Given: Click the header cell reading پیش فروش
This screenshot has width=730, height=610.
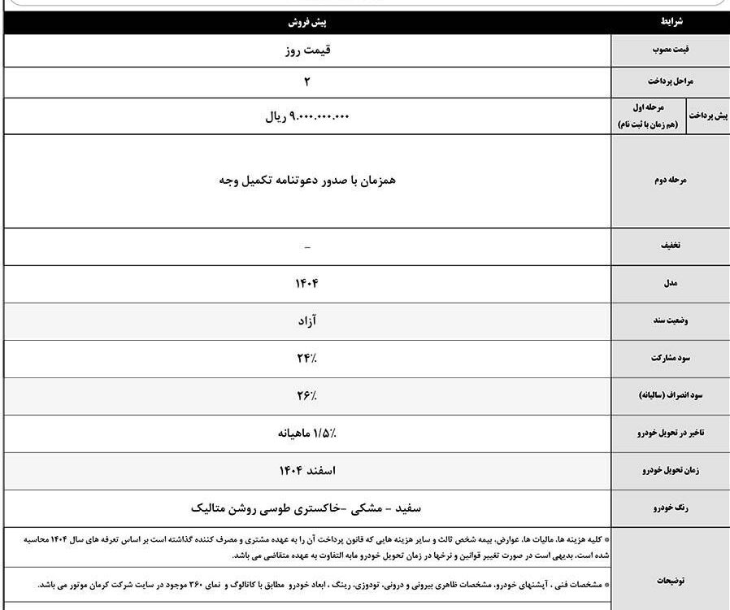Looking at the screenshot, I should tap(306, 24).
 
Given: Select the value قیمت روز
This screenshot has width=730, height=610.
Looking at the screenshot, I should tap(306, 50).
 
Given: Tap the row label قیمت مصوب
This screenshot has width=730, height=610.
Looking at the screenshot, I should tap(671, 50).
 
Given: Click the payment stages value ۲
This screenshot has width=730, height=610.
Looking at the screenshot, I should tap(306, 81).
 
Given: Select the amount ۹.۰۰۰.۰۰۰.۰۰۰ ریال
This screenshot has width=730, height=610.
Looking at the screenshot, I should tap(306, 116).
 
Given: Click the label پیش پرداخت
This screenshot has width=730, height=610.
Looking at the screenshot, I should tap(709, 116).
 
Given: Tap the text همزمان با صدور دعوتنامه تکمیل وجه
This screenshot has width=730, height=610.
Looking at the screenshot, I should tap(306, 181).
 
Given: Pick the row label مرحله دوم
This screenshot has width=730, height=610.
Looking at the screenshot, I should tap(671, 181).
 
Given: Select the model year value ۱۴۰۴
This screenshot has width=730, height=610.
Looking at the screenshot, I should tap(306, 283).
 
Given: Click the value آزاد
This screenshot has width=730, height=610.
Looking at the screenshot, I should tap(306, 320).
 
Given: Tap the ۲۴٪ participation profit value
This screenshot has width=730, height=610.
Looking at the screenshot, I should tap(306, 358).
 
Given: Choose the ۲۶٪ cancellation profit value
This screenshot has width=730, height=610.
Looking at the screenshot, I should tap(306, 395).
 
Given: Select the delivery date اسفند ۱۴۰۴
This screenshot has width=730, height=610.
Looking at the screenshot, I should tap(306, 471).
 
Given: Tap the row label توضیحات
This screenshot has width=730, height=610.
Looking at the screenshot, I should tap(671, 581).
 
